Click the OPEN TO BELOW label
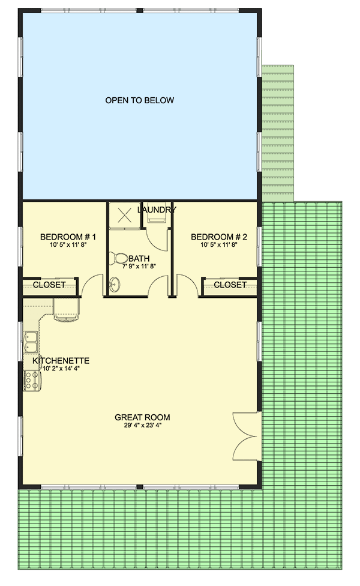coord(140,100)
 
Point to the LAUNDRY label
coord(157,210)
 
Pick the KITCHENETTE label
coord(61,361)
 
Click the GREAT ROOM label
coord(142,417)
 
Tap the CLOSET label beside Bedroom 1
coord(49,285)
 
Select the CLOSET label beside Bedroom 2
coord(230,285)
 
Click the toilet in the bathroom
coord(118,258)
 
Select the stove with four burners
coord(30,379)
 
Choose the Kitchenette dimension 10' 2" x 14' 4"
coord(61,370)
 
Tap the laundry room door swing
coord(157,239)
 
